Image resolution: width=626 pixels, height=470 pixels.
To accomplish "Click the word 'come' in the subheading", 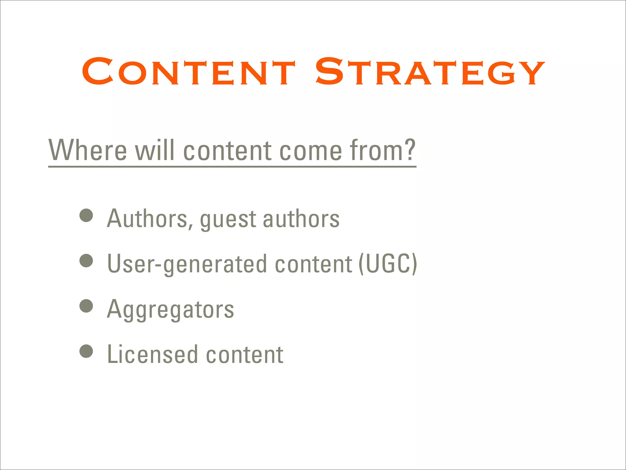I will point(311,151).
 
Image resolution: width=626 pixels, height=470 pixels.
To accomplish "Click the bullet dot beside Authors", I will point(86,215).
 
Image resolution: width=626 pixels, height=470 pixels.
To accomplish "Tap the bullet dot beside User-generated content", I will point(86,261).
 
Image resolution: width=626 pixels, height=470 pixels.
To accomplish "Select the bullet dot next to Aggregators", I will point(86,306).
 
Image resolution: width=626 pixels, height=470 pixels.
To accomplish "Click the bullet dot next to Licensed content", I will point(86,351).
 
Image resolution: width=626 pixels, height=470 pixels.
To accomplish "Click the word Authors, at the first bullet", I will point(150,219).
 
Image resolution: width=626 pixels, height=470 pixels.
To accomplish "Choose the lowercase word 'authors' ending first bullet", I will point(301,219).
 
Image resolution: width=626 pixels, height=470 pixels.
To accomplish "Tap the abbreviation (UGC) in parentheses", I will point(388,264).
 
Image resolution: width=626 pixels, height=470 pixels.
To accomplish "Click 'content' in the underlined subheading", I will point(227,151).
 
